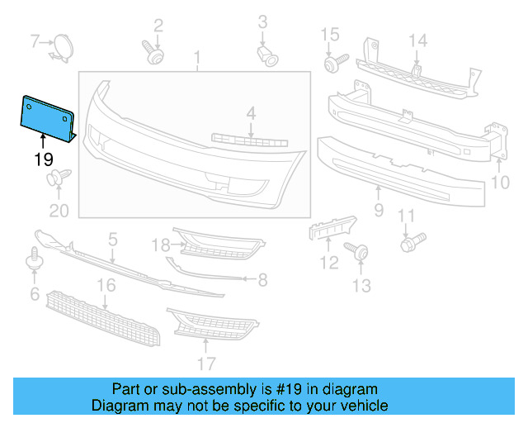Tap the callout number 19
pyautogui.click(x=43, y=157)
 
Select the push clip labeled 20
pyautogui.click(x=59, y=179)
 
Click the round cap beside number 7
pyautogui.click(x=63, y=45)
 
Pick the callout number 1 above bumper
pyautogui.click(x=197, y=57)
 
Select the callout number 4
pyautogui.click(x=251, y=112)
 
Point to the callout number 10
pyautogui.click(x=501, y=181)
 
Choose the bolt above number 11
pyautogui.click(x=411, y=242)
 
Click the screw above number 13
pyautogui.click(x=358, y=250)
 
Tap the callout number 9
pyautogui.click(x=378, y=210)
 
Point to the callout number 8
pyautogui.click(x=262, y=280)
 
